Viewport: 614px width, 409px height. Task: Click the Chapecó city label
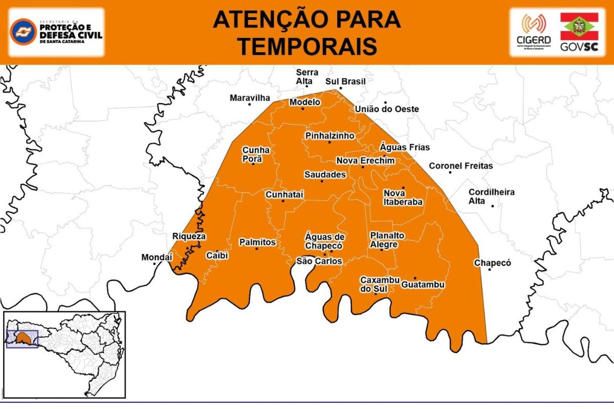[492, 263]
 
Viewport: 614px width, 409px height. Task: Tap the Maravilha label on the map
[249, 98]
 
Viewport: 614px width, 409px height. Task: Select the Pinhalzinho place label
[330, 135]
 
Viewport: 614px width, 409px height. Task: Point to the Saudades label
[325, 174]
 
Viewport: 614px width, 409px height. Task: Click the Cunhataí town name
[284, 194]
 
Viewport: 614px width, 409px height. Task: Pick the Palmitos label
[257, 242]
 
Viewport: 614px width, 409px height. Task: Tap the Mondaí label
[157, 258]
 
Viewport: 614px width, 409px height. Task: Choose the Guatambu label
[423, 284]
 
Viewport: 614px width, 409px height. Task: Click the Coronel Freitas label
[461, 166]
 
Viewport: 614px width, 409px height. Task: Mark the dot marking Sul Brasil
[340, 88]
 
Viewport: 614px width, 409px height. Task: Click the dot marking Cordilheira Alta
[492, 206]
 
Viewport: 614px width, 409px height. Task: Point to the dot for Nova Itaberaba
[403, 188]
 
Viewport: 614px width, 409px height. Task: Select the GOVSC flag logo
[579, 27]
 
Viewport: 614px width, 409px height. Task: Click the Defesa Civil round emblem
[23, 32]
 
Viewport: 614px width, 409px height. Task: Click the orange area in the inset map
[23, 338]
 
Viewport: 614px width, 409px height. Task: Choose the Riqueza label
[189, 236]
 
